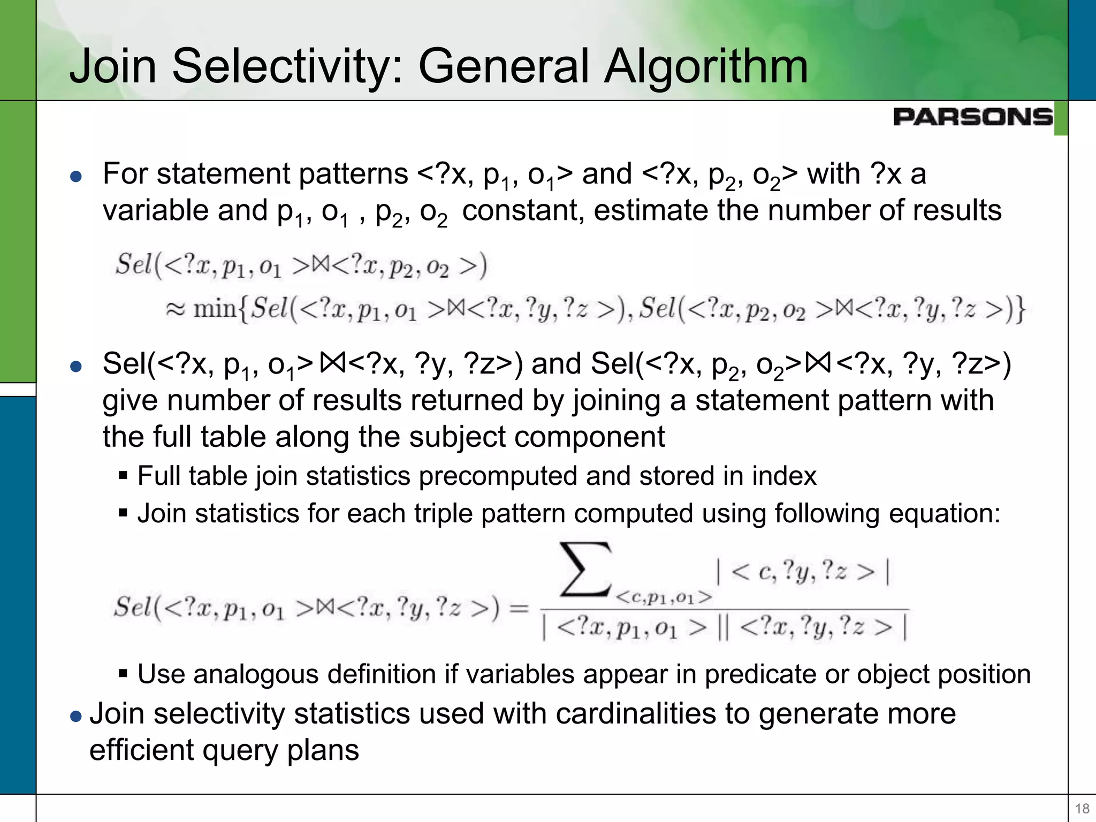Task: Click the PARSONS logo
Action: click(972, 117)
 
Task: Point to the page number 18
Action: click(1082, 808)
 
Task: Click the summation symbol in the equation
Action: click(585, 569)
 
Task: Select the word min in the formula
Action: click(214, 309)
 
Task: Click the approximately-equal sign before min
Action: click(176, 309)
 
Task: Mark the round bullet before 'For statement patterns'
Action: click(76, 176)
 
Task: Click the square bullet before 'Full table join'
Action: click(123, 476)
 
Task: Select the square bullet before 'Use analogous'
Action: click(123, 674)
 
